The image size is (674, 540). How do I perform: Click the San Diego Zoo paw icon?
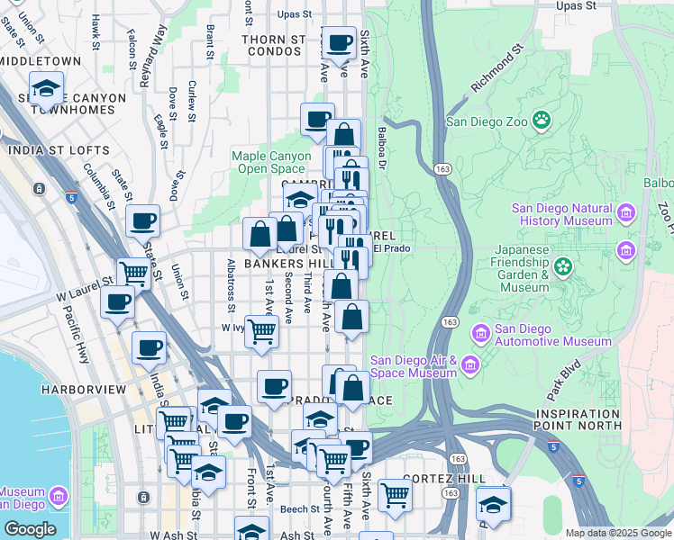[542, 119]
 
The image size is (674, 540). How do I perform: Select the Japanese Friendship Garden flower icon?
[563, 265]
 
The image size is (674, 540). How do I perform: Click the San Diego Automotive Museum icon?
[480, 335]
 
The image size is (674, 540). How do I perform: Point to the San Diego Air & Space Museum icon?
[470, 364]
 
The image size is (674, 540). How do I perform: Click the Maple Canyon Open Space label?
[268, 162]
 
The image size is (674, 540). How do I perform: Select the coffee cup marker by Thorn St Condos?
[340, 43]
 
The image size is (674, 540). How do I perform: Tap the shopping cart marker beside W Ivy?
[261, 330]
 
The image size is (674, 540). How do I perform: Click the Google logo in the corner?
[29, 529]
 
